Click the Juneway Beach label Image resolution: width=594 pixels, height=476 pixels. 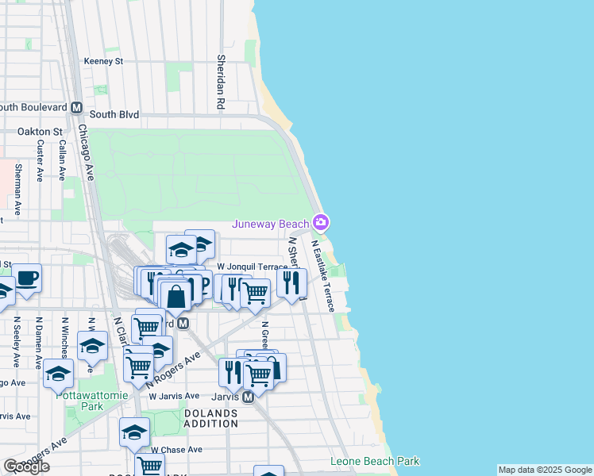point(270,224)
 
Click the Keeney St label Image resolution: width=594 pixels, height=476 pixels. point(104,60)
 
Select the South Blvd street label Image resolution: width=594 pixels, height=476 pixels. point(114,114)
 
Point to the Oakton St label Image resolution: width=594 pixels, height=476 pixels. point(40,132)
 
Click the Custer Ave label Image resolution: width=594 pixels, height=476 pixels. point(40,161)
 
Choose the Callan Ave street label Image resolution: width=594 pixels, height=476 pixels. point(62,161)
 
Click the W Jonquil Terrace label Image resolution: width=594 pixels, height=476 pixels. point(252,267)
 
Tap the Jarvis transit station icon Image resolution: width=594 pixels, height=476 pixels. point(247,397)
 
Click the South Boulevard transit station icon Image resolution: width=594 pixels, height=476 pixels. point(78,108)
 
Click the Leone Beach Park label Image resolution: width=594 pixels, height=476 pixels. point(375,461)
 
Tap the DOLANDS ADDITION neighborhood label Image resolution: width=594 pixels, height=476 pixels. point(211,418)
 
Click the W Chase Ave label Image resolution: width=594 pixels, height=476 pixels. point(176,449)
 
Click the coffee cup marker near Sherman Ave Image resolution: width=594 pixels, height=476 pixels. point(27,278)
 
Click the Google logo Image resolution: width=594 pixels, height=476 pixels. point(26,466)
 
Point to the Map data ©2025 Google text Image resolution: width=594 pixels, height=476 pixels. point(544,470)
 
